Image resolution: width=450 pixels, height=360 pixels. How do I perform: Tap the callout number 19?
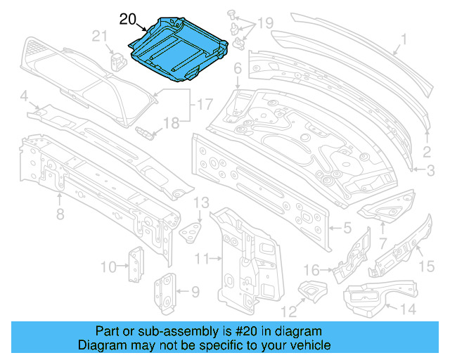coord(264,23)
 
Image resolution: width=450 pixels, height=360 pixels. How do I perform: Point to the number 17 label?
coord(204,105)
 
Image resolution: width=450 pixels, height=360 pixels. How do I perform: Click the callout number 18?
coord(172,124)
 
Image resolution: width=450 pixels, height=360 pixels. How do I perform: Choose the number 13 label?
coord(201,203)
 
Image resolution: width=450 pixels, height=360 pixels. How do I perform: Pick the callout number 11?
coord(202,259)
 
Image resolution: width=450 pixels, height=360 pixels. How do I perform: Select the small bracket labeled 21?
coord(117,58)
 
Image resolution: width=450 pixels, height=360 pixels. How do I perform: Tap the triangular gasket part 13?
coord(192,230)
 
